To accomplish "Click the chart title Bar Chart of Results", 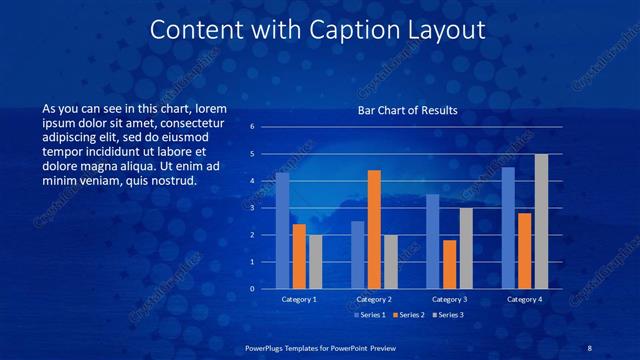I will click(407, 111).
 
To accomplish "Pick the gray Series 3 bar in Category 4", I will click(541, 221).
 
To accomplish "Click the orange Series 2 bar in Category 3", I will click(450, 264).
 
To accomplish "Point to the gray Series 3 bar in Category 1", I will click(315, 262).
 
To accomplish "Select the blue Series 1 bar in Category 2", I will click(358, 255).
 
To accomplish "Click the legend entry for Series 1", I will click(372, 315).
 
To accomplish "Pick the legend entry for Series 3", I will click(448, 315).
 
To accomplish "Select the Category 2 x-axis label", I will click(373, 299).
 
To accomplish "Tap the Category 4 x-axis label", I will click(524, 299).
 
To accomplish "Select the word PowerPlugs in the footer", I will click(267, 349).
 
